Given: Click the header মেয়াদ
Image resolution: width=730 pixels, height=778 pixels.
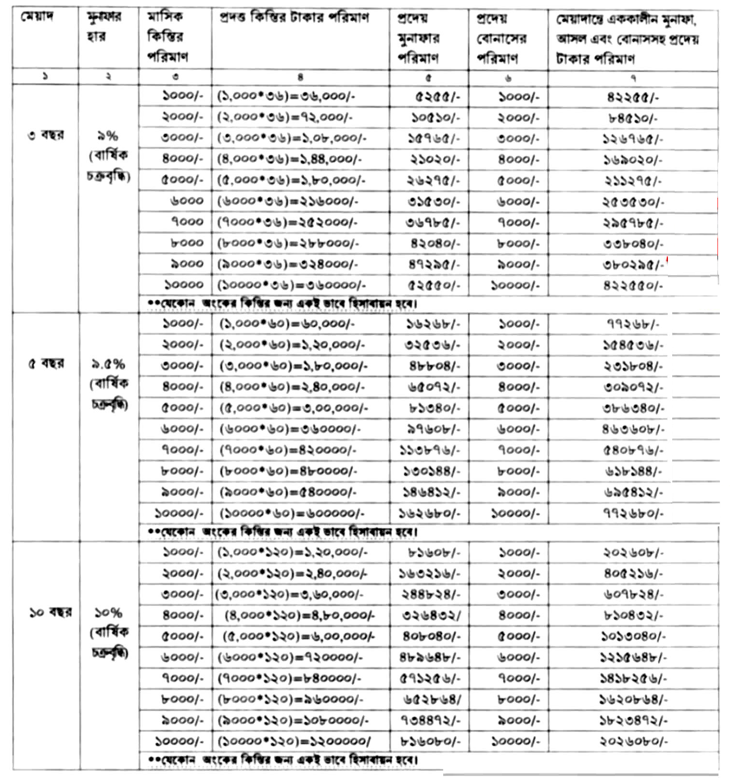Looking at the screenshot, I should [x=37, y=17].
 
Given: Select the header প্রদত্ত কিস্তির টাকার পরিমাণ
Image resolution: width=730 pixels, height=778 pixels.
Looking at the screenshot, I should [x=294, y=18].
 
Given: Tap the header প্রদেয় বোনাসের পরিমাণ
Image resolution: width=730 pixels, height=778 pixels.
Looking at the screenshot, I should [x=501, y=38].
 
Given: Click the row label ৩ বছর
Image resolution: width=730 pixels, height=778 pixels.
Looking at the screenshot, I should [x=45, y=135].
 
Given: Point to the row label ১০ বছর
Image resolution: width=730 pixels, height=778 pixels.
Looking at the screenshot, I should [x=50, y=612].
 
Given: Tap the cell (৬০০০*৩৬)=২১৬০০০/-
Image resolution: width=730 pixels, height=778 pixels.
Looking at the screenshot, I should [x=288, y=202].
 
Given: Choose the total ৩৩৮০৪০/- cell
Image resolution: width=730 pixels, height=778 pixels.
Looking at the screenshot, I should [x=633, y=244].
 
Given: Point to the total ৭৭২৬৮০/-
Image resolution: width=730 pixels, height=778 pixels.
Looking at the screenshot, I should [x=633, y=513].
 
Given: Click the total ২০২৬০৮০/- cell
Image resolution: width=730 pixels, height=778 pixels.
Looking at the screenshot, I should [x=633, y=741].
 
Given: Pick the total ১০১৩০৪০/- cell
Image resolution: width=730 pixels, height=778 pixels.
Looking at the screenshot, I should [x=633, y=637].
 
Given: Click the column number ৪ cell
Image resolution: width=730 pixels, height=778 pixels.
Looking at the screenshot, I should [x=300, y=77].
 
